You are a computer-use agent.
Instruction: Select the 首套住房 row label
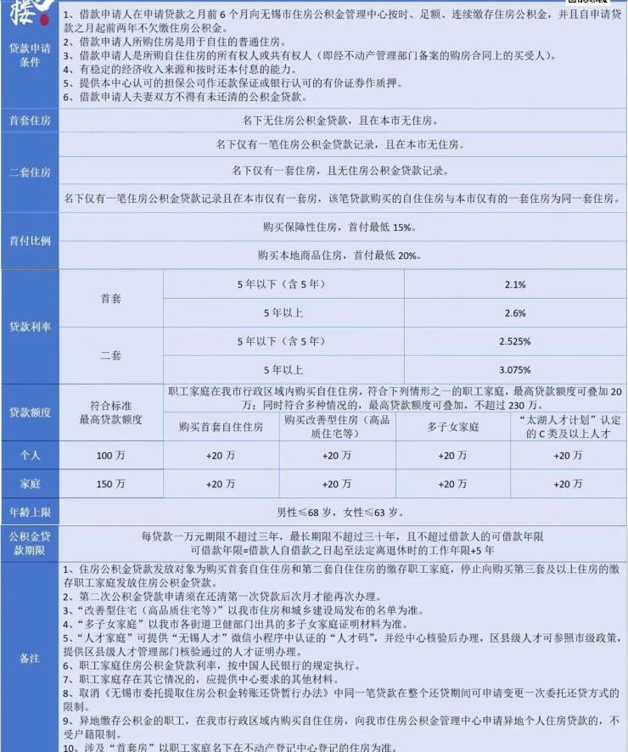[30, 121]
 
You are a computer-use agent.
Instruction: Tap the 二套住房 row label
[30, 172]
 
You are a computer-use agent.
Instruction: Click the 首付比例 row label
[30, 240]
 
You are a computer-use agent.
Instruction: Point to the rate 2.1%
[515, 284]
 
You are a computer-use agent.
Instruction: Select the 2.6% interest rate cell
[515, 313]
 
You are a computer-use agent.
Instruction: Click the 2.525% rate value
[515, 341]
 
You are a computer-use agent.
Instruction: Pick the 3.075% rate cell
[515, 370]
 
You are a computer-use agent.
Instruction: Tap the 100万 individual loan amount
[111, 456]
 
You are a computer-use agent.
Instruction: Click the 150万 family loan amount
[111, 484]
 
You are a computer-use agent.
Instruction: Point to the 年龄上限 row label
[30, 513]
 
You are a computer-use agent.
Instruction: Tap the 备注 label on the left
[30, 659]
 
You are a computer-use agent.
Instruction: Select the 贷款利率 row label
[30, 327]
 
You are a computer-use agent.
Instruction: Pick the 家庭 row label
[30, 484]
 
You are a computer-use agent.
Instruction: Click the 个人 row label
[30, 456]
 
